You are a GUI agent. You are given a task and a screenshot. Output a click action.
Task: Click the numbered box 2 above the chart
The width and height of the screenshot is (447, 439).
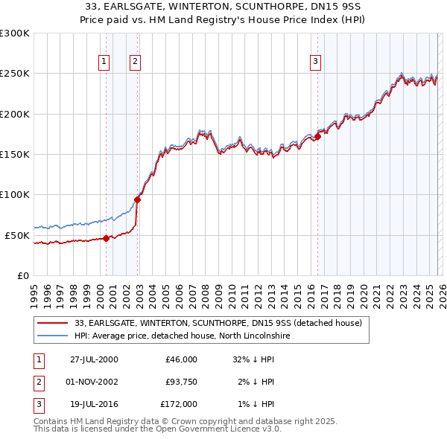tap(135, 62)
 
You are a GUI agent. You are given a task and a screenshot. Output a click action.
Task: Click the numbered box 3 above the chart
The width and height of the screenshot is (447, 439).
tap(315, 62)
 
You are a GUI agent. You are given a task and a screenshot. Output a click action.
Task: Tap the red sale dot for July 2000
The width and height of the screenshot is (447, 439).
tap(106, 238)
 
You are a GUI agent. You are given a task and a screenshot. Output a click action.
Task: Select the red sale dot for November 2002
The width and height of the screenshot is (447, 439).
tap(138, 199)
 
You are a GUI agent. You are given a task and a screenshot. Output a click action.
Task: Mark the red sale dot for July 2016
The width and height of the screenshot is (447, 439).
tap(318, 136)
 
